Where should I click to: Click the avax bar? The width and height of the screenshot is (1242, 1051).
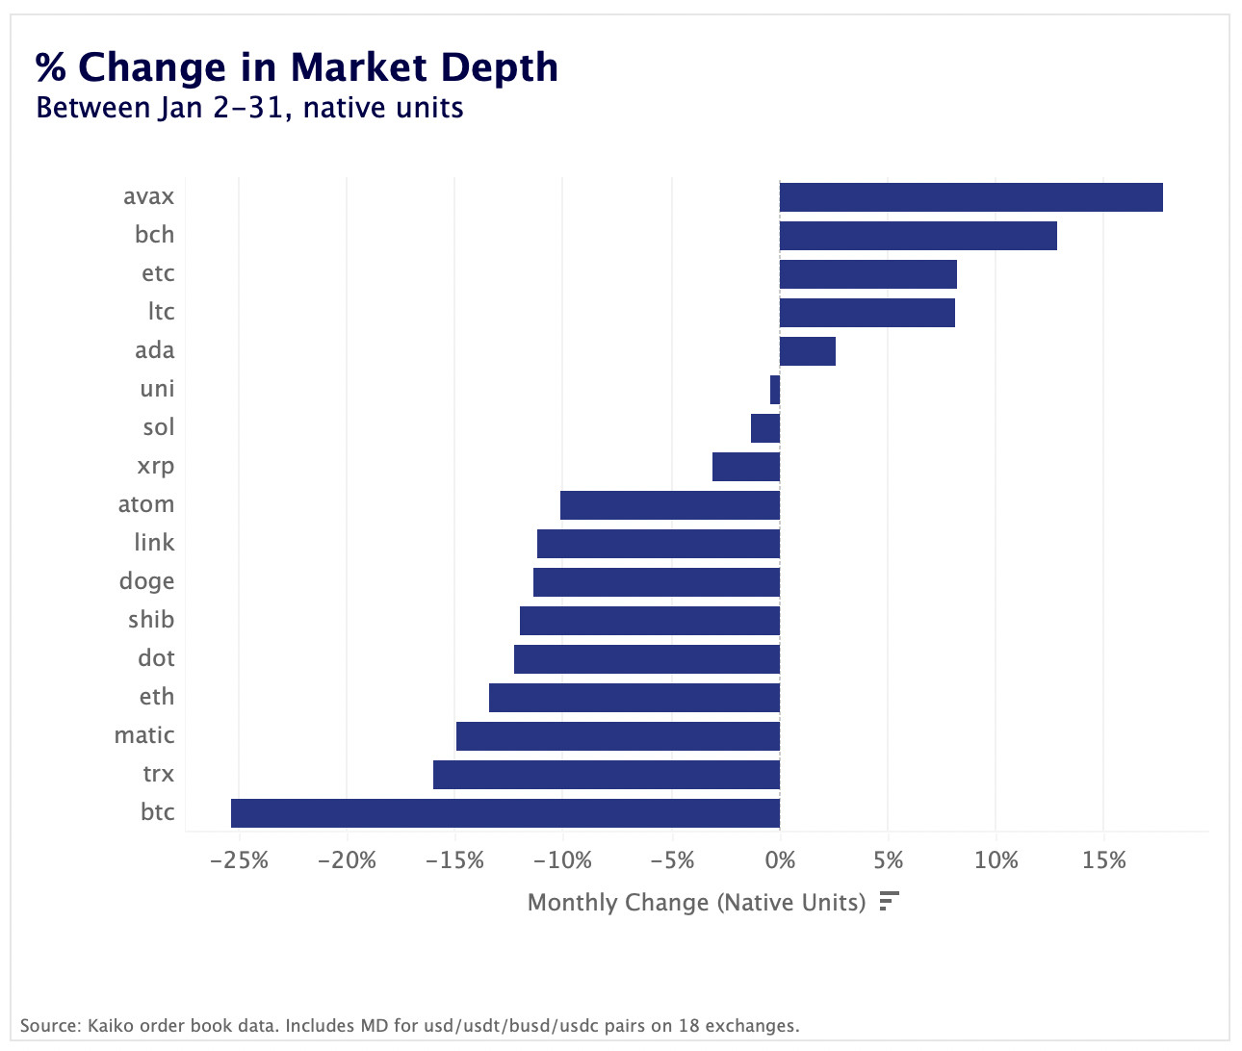pyautogui.click(x=970, y=197)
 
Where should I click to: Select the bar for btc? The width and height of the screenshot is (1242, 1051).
pyautogui.click(x=505, y=813)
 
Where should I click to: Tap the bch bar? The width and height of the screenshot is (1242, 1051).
pyautogui.click(x=918, y=236)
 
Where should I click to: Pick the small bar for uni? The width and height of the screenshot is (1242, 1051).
pyautogui.click(x=775, y=390)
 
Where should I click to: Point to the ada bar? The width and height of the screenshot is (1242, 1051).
pyautogui.click(x=807, y=351)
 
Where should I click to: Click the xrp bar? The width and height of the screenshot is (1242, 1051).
pyautogui.click(x=746, y=467)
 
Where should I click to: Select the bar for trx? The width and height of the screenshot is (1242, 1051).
pyautogui.click(x=607, y=775)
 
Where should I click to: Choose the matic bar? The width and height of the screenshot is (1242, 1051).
pyautogui.click(x=617, y=736)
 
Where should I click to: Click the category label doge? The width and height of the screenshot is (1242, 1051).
pyautogui.click(x=146, y=581)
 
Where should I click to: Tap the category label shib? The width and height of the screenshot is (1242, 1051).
pyautogui.click(x=151, y=620)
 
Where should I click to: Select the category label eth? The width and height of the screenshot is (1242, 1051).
pyautogui.click(x=156, y=697)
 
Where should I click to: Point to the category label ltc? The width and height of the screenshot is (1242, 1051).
pyautogui.click(x=161, y=312)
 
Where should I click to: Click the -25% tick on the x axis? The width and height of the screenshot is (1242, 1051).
pyautogui.click(x=239, y=859)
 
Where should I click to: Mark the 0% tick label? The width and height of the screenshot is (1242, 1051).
pyautogui.click(x=780, y=859)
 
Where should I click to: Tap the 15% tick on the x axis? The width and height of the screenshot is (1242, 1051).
pyautogui.click(x=1103, y=859)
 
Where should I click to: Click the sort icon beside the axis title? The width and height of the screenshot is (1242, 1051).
pyautogui.click(x=889, y=902)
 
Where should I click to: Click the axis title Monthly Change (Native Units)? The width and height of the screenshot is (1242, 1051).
pyautogui.click(x=696, y=903)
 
